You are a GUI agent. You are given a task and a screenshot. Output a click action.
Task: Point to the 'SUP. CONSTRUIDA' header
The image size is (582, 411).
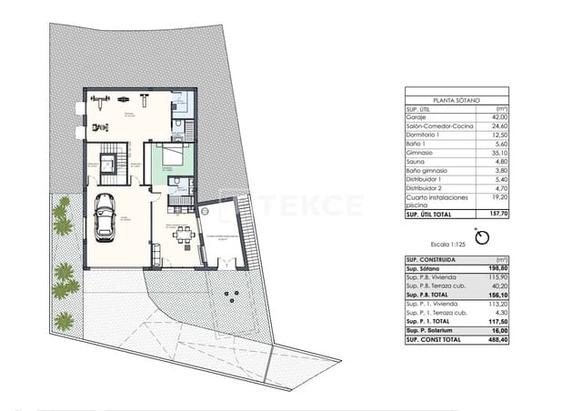tap(430, 260)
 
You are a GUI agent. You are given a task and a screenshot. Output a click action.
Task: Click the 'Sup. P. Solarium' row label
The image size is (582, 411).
tap(431, 331)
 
